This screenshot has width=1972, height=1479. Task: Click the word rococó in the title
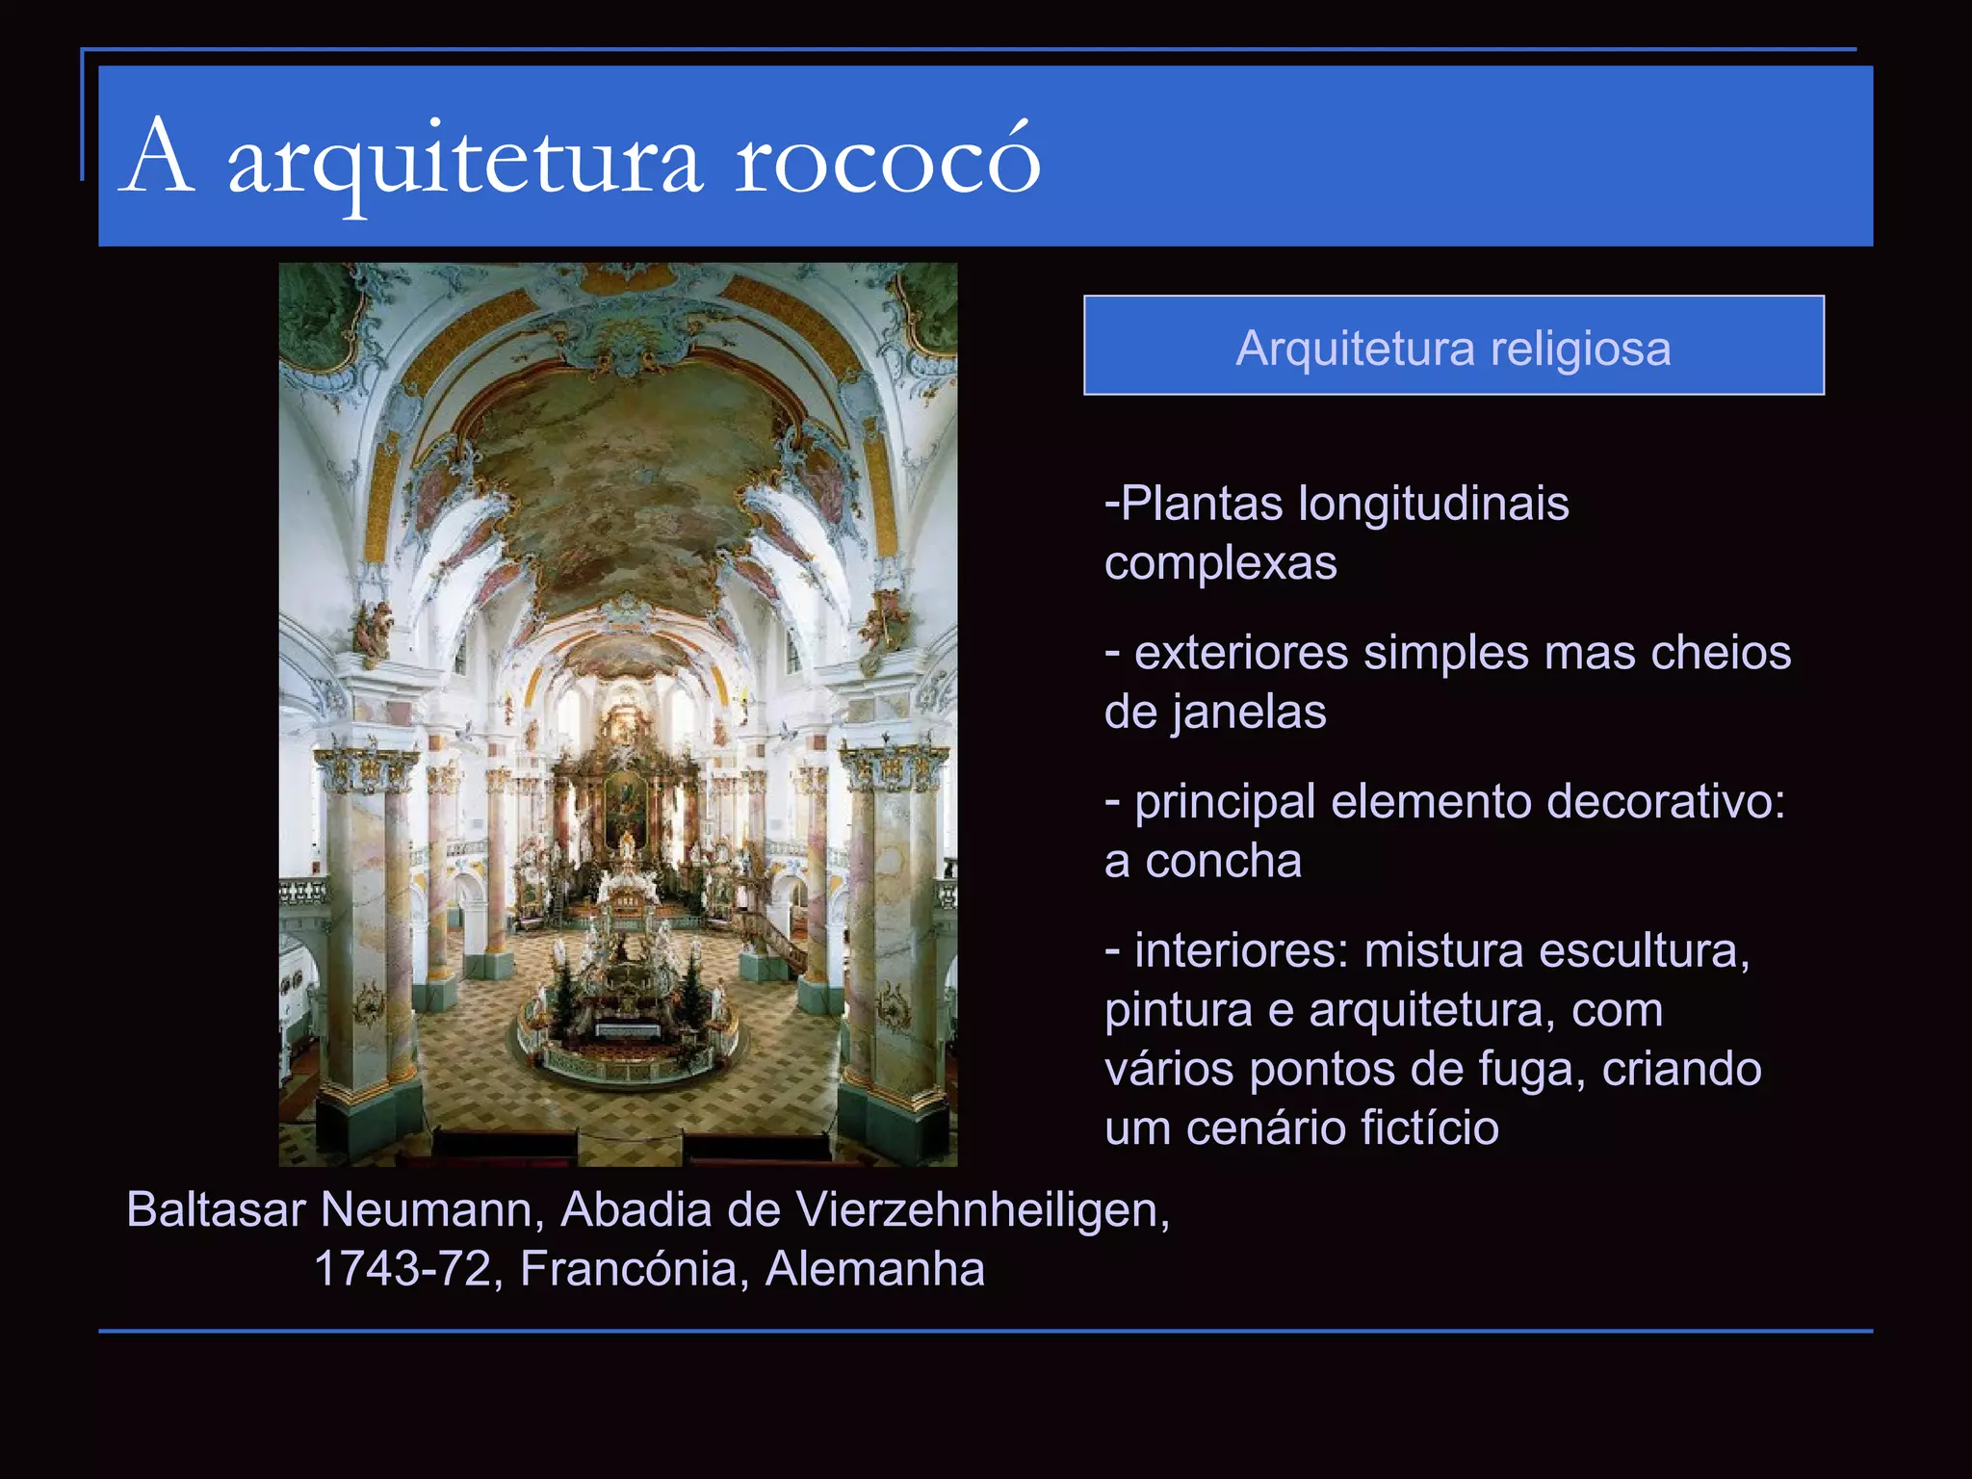[888, 159]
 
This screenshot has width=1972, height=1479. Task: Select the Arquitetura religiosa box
[1453, 346]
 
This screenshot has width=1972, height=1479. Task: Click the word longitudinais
[1434, 504]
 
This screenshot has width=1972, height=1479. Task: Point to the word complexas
[1220, 563]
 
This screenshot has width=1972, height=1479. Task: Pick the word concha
[1223, 861]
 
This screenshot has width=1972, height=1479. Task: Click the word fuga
[1531, 1070]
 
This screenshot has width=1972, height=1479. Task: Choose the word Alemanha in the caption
[874, 1269]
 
